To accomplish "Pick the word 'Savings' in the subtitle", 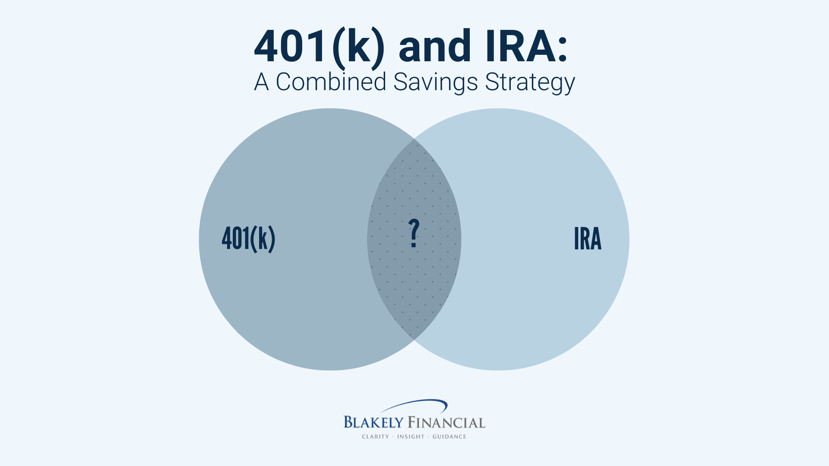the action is point(435,82).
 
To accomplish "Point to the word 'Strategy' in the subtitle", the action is point(530,82).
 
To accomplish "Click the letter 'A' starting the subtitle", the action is point(261,82).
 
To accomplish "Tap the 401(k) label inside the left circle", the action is point(248,239).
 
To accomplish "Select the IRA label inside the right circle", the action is point(588,239).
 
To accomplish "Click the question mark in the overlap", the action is point(414,233).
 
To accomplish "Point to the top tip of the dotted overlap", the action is point(414,139).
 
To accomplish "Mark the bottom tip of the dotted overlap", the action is point(414,340).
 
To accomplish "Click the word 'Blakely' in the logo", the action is point(373,422).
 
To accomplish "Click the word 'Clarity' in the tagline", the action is point(375,437).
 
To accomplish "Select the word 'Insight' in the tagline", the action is point(411,437).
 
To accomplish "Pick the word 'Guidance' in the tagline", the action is point(449,437).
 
